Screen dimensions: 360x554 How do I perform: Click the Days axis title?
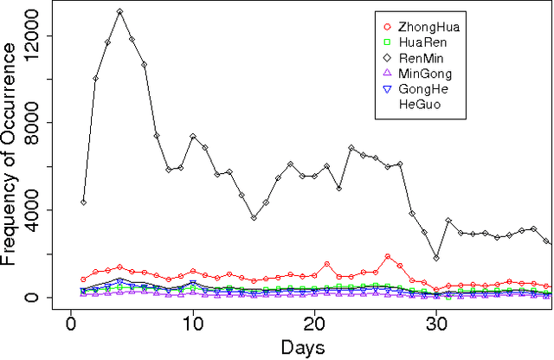pyautogui.click(x=302, y=348)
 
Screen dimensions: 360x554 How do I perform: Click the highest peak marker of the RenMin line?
pyautogui.click(x=119, y=12)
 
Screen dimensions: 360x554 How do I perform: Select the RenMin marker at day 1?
pyautogui.click(x=83, y=202)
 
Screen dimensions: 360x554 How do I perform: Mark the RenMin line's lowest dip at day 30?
pyautogui.click(x=436, y=258)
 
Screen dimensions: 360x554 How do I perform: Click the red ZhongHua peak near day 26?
pyautogui.click(x=388, y=256)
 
